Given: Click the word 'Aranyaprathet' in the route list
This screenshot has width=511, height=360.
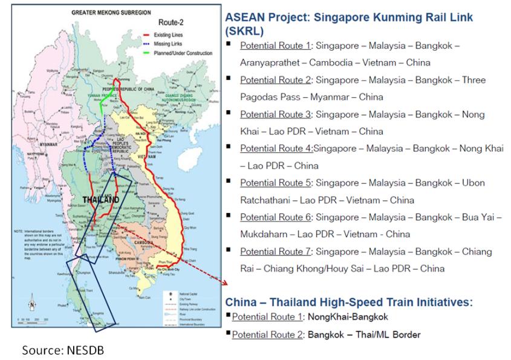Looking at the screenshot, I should tap(270, 62).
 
